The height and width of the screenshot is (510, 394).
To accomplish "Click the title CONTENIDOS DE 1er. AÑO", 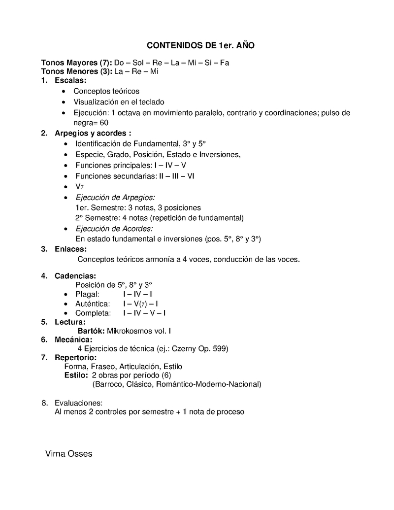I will point(200,45).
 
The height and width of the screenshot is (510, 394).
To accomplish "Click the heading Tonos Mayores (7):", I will point(76,63).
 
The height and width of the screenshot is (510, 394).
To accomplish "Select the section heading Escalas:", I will point(70,80).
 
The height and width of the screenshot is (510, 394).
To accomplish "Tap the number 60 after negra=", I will point(103,123).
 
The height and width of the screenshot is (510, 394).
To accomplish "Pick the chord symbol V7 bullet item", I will point(79,187).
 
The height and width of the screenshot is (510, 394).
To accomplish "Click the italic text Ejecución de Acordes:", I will point(114,229).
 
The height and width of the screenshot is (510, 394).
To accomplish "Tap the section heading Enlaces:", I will point(70,249).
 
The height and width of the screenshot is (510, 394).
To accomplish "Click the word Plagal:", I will point(87,294).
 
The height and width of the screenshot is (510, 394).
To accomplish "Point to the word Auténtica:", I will point(93,304).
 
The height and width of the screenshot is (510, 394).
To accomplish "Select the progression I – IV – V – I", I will point(144,313).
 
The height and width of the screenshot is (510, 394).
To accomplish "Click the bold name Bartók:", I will point(91,331).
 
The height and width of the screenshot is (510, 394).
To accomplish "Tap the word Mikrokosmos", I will point(129,331).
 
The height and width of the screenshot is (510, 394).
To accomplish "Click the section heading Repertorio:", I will point(75,357).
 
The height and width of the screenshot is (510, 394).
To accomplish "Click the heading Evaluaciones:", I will point(78,403).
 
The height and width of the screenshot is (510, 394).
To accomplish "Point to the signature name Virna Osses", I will point(68,454).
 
